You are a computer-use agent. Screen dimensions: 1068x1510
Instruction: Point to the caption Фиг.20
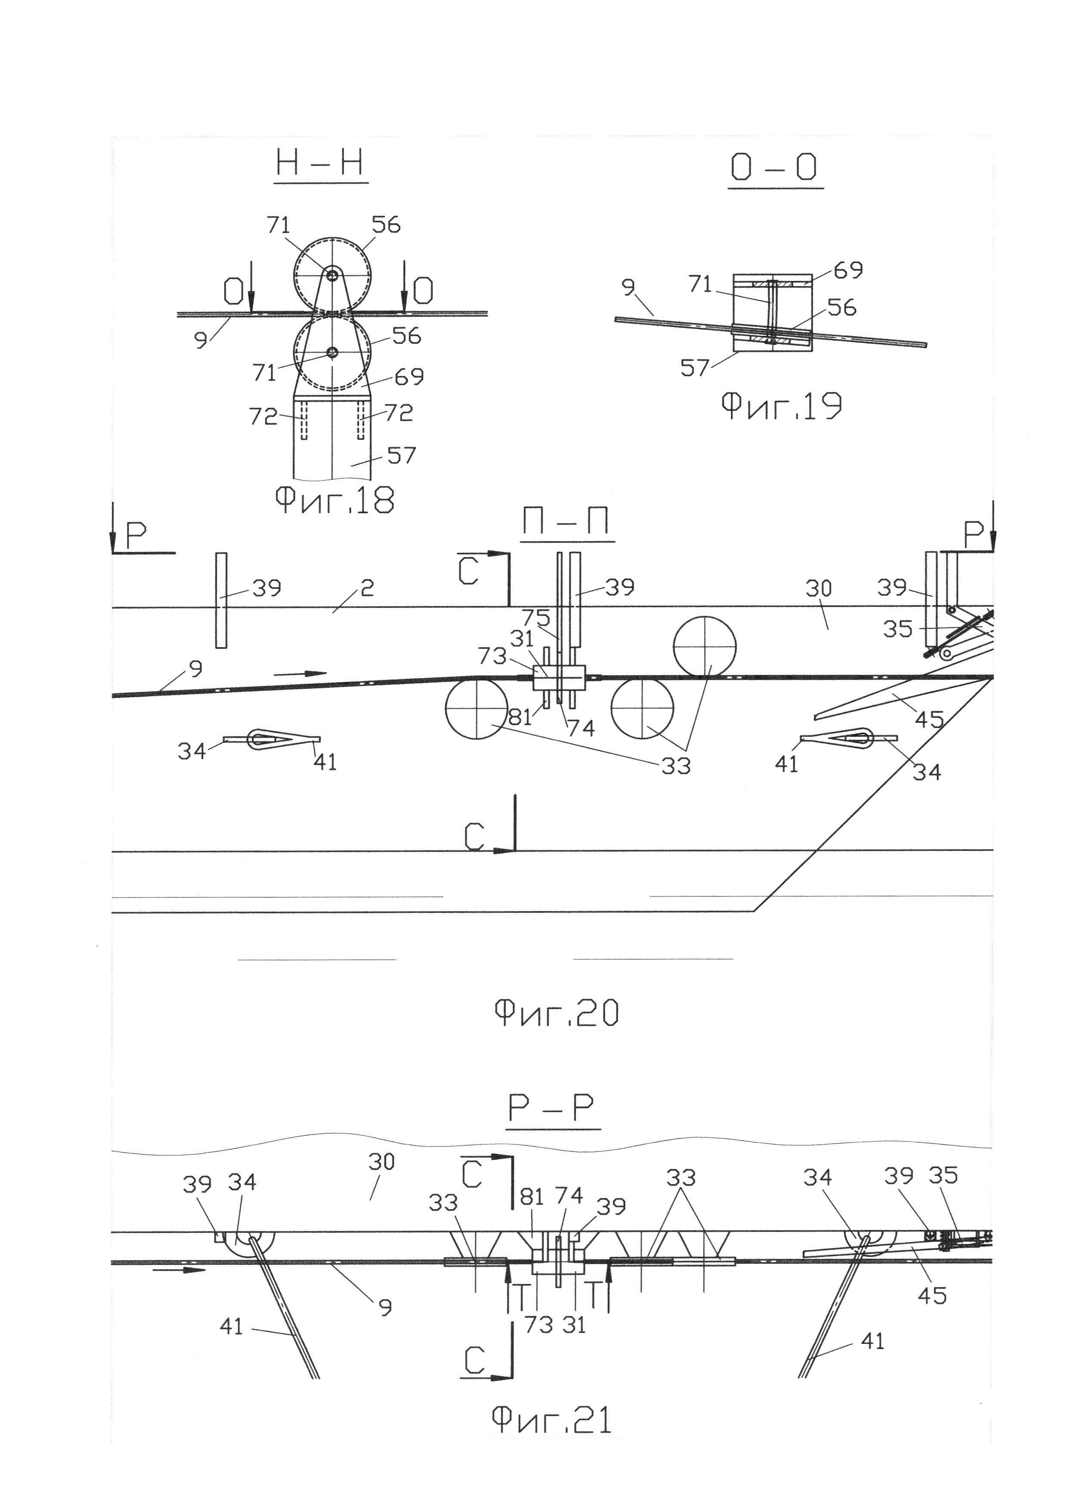pos(556,1014)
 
